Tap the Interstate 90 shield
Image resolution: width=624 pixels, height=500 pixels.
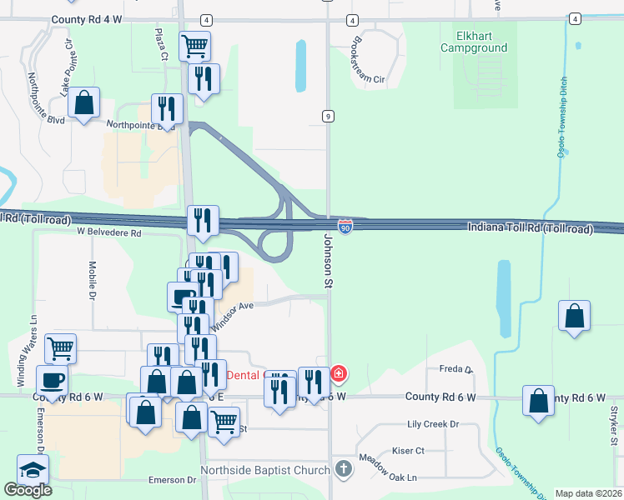[x=346, y=226]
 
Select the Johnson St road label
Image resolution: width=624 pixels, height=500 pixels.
[x=328, y=261]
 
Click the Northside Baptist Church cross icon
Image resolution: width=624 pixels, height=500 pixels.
[x=341, y=469]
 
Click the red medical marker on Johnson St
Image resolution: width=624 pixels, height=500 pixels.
[x=339, y=372]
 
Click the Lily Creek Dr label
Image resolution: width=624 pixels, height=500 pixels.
[x=432, y=424]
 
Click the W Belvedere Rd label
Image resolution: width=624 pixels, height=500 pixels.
[x=108, y=233]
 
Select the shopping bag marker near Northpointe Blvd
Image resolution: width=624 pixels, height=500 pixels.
[x=84, y=103]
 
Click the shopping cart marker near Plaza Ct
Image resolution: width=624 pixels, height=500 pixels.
[x=194, y=46]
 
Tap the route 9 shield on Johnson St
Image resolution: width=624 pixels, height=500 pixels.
[x=329, y=116]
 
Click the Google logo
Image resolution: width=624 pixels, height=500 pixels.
[x=28, y=490]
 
